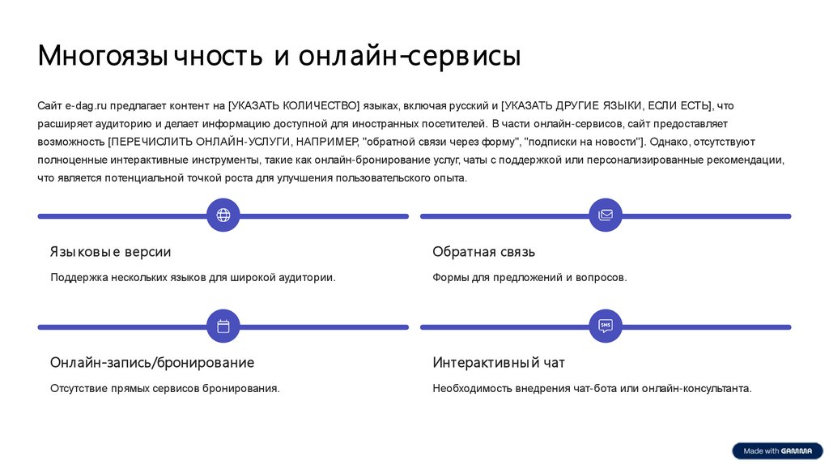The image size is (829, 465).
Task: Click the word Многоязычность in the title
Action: click(150, 57)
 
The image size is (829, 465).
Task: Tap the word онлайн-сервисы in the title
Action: click(410, 57)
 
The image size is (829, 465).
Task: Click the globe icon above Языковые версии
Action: click(223, 215)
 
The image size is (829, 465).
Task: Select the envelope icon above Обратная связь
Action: click(606, 215)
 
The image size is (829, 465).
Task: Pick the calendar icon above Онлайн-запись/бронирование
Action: click(223, 326)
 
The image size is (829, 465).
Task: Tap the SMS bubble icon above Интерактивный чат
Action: click(606, 326)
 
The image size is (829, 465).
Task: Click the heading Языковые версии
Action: click(110, 252)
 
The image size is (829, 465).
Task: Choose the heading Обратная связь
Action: click(483, 252)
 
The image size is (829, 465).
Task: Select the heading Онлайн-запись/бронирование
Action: click(152, 362)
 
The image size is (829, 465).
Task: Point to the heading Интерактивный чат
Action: click(499, 362)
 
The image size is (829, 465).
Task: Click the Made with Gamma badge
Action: click(777, 450)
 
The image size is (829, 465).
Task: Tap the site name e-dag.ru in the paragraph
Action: click(86, 106)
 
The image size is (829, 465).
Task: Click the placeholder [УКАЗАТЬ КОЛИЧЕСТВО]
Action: click(294, 106)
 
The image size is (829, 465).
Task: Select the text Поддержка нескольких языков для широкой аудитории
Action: click(193, 278)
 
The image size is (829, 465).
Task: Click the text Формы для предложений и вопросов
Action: click(529, 278)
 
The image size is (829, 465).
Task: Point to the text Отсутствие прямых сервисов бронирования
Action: click(165, 389)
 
